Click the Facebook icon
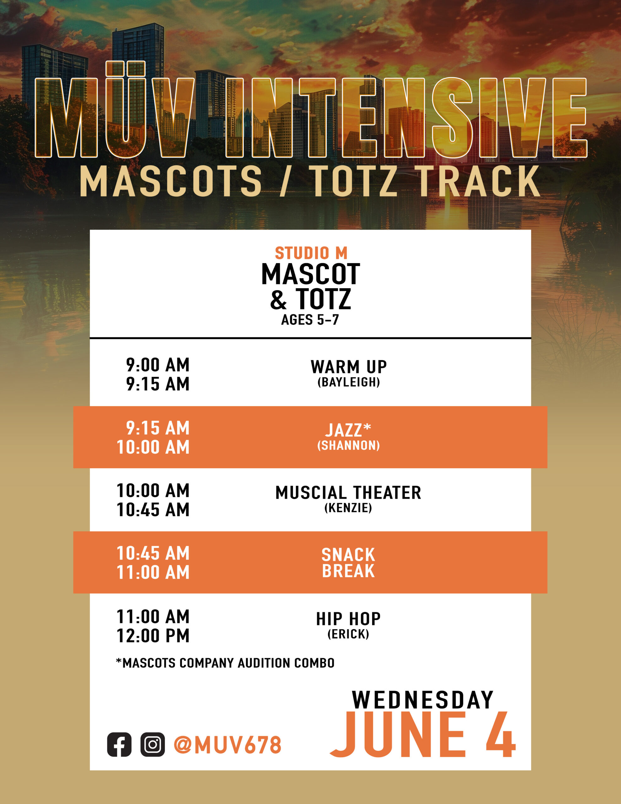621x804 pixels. [119, 745]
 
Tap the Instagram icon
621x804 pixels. [152, 745]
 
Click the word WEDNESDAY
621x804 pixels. [423, 700]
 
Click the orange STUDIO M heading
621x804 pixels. [311, 253]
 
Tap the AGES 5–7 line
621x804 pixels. [310, 320]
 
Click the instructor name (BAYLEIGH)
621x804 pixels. [348, 382]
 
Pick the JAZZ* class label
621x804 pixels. [348, 430]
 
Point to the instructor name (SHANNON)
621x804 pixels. [348, 445]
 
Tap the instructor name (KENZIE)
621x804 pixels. [348, 508]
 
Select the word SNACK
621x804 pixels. [348, 555]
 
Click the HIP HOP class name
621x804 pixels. [348, 619]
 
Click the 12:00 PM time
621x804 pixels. [153, 636]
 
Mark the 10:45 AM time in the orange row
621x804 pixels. [153, 553]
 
